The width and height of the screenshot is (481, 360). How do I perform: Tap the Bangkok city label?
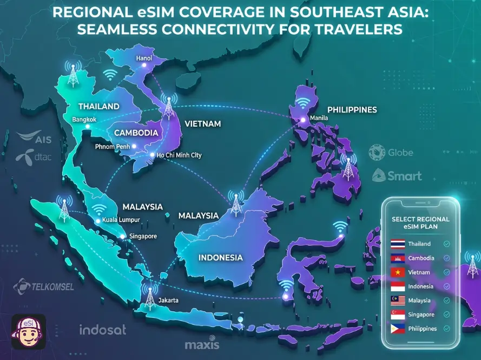pos(84,120)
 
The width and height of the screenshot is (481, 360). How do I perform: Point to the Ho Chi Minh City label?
pos(179,155)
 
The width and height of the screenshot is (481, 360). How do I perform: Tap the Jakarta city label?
pos(168,300)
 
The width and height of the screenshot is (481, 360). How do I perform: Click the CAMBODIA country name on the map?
pos(135,133)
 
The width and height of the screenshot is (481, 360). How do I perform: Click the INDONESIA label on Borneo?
pos(220,257)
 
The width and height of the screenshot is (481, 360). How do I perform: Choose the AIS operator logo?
pos(35,139)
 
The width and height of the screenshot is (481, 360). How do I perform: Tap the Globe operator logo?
pos(391,153)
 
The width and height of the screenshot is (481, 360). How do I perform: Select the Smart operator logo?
pos(397,176)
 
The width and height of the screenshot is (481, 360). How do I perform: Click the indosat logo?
pos(103,329)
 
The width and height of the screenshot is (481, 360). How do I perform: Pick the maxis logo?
pos(202,344)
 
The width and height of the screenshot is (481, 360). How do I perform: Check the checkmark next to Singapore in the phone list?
pos(446,315)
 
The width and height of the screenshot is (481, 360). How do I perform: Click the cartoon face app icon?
pos(29,331)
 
